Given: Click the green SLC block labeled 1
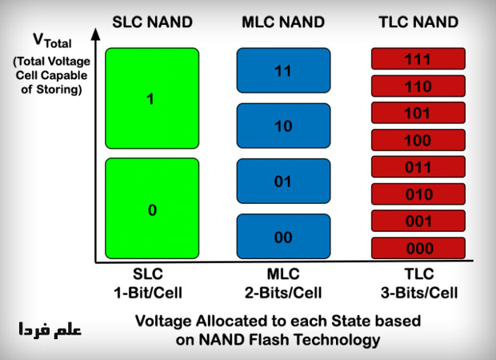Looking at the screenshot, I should coord(151,98).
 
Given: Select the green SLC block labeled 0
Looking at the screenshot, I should coord(151,209).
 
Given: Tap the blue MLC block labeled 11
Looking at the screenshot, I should coord(284,70).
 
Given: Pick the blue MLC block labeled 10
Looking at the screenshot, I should coord(284,126).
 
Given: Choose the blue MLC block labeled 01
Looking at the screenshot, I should coord(284,182).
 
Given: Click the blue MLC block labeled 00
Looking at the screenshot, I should coord(284,237).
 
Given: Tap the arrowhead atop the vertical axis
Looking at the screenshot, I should coord(95,34).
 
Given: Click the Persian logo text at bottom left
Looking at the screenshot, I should coord(50,329).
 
